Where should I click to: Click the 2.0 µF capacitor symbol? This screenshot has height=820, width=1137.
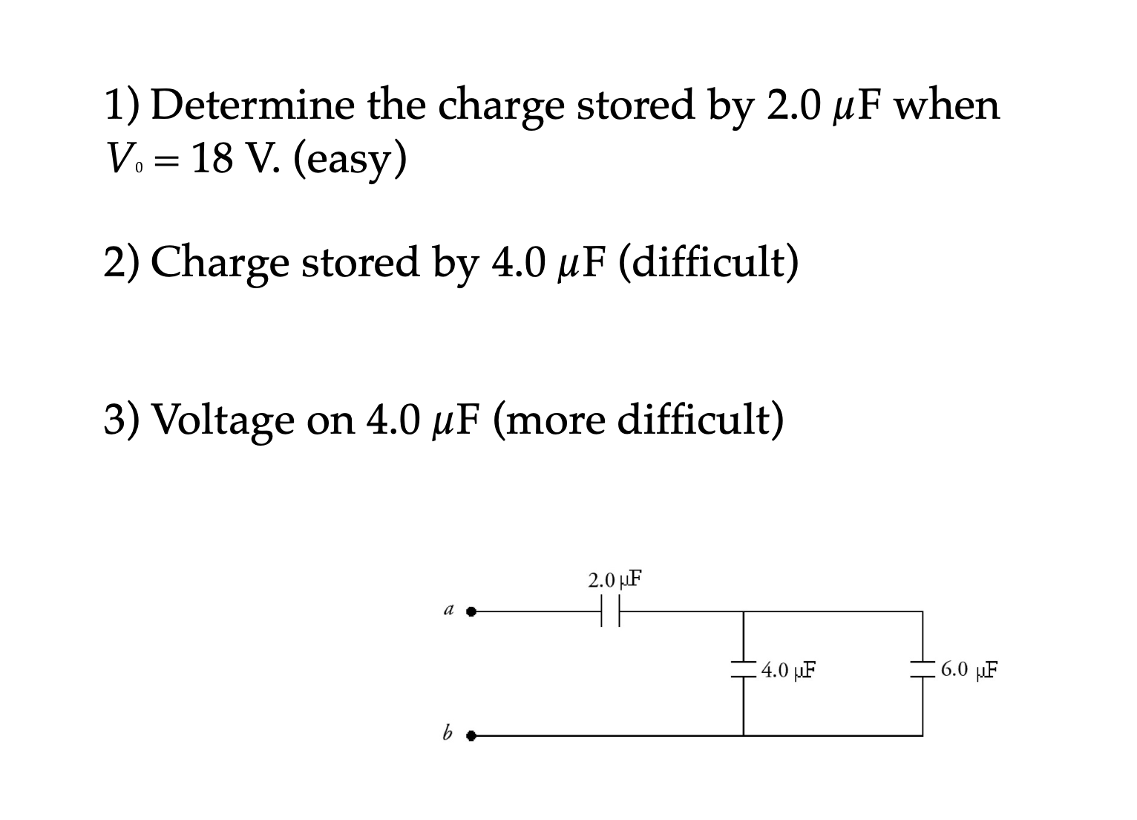[x=609, y=613]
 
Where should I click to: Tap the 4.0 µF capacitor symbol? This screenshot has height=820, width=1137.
[x=743, y=669]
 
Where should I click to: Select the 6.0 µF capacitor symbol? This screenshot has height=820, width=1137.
[x=923, y=669]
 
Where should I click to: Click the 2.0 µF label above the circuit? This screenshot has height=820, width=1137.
[x=615, y=579]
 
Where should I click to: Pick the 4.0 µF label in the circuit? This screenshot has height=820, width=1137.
[x=788, y=671]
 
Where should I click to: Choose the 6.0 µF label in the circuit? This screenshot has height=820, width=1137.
[x=969, y=669]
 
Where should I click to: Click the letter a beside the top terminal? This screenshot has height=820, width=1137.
[x=448, y=611]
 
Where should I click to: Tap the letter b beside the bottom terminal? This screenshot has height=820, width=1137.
[x=447, y=734]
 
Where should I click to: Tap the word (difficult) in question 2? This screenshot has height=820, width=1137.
[x=707, y=263]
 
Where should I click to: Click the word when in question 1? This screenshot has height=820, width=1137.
[x=946, y=105]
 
